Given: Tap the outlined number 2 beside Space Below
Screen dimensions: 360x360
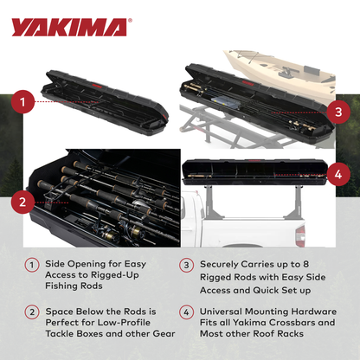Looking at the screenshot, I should (x=31, y=311).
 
